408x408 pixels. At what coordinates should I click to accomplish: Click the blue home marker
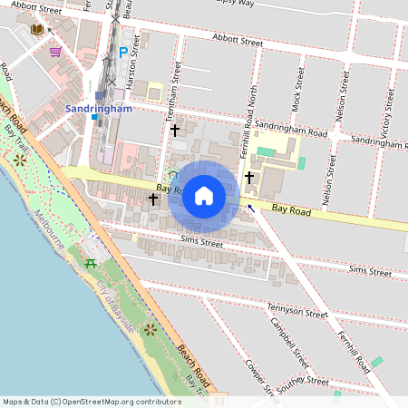click(x=204, y=196)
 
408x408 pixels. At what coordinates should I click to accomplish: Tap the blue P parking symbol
click(x=123, y=53)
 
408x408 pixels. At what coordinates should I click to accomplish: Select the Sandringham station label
click(x=99, y=109)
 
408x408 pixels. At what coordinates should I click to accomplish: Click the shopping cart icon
click(x=55, y=52)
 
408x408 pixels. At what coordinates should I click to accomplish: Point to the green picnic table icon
click(x=91, y=263)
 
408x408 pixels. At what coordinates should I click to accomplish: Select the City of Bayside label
click(x=115, y=308)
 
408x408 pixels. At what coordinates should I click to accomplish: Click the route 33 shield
click(x=218, y=400)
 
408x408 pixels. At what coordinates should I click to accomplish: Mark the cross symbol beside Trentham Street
click(x=175, y=131)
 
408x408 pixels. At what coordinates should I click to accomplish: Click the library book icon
click(x=37, y=31)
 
